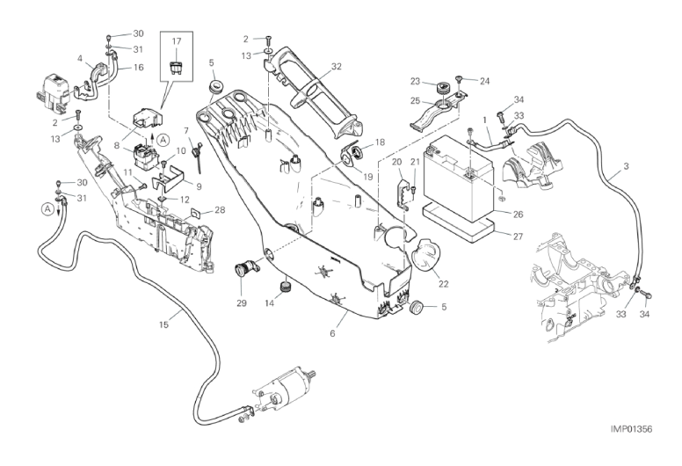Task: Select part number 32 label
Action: [x=311, y=66]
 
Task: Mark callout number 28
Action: [x=220, y=210]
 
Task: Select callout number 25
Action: [x=416, y=101]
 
